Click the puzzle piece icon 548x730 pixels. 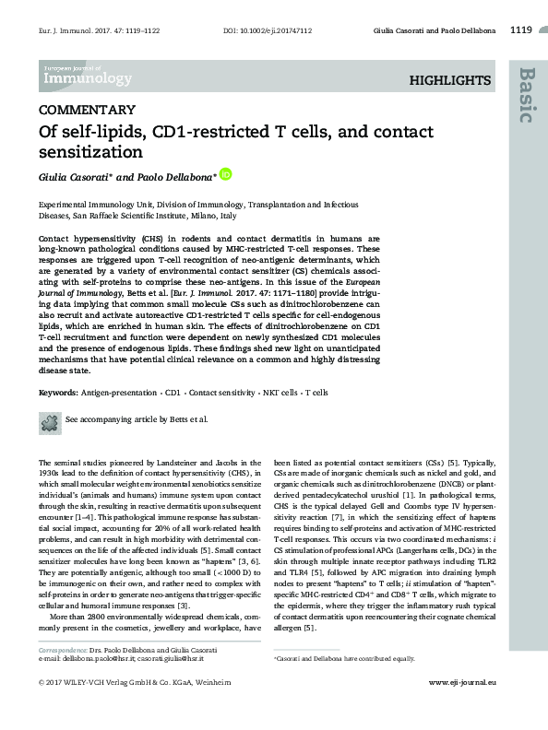49,420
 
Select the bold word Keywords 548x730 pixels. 57,393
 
